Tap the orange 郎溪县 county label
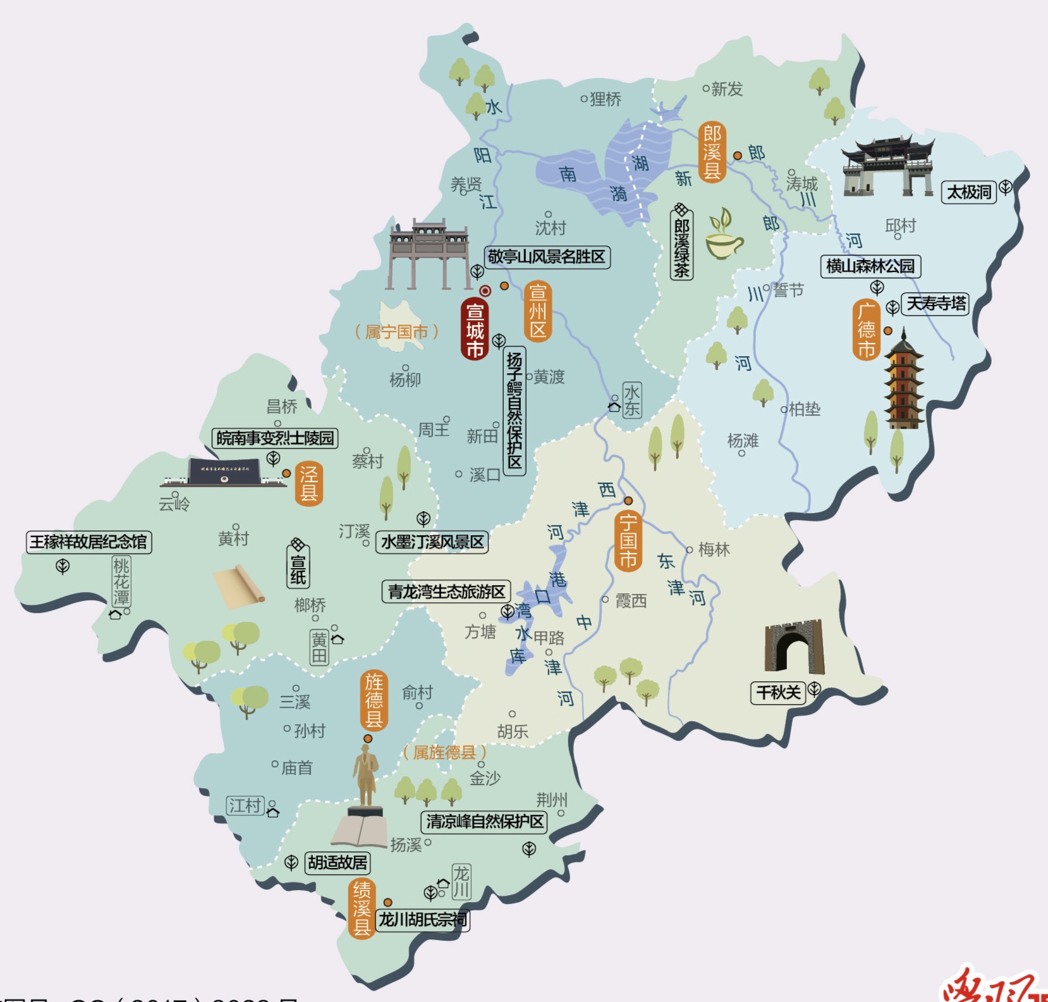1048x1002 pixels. coord(712,152)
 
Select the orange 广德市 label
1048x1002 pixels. coord(866,330)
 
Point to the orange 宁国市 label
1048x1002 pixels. coord(628,541)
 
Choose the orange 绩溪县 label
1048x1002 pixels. coord(362,908)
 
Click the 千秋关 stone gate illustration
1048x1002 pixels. coord(794,646)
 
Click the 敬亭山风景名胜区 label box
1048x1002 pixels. coord(547,257)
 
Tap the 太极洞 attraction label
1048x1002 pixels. coord(968,192)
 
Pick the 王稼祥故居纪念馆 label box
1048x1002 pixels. coord(88,542)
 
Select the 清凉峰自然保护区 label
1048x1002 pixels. coord(484,822)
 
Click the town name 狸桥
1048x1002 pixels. coord(605,99)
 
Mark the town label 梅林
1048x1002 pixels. coord(714,550)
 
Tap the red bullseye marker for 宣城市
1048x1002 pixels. coord(485,291)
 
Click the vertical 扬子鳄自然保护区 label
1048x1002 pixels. coord(515,411)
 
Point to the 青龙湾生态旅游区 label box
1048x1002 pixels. coord(446,591)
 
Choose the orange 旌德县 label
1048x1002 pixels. coord(374,700)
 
